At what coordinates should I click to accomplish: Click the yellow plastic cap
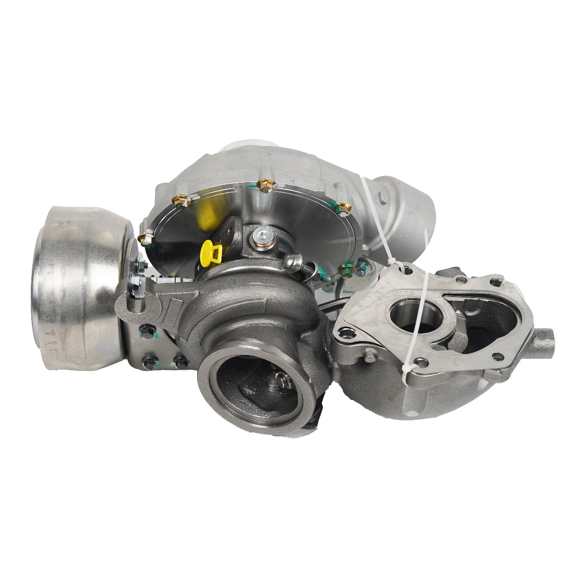point(210,253)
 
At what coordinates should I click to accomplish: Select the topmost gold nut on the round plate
point(265,185)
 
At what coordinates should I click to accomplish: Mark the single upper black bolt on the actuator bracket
point(144,329)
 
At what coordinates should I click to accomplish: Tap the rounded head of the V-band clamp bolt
point(294,261)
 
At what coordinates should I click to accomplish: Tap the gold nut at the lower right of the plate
point(346,268)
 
